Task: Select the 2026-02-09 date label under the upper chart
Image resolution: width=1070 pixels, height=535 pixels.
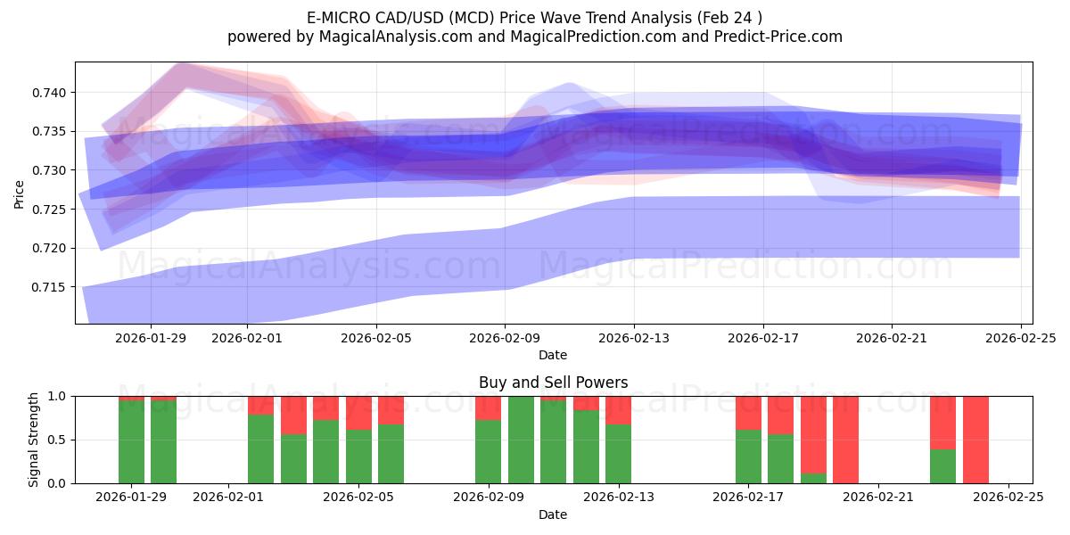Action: tap(505, 339)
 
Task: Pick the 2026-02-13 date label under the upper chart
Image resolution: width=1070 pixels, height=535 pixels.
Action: tap(634, 339)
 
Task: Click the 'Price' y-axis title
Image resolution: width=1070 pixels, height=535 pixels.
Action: tap(19, 193)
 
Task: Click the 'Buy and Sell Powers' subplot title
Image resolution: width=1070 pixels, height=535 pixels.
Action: tap(553, 383)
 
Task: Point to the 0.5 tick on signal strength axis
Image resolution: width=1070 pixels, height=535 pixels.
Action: tap(57, 440)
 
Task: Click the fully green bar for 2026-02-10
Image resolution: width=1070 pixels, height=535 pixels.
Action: tap(521, 440)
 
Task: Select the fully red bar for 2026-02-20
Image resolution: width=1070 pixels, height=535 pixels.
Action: tap(845, 440)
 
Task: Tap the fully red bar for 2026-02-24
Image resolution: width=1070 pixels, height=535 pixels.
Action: tap(975, 440)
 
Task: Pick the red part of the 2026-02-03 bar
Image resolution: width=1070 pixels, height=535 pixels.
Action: tap(293, 415)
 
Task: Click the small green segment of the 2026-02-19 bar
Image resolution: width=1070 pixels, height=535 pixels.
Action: tap(813, 479)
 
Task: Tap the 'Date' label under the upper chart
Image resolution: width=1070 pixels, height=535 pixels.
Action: tap(553, 355)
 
